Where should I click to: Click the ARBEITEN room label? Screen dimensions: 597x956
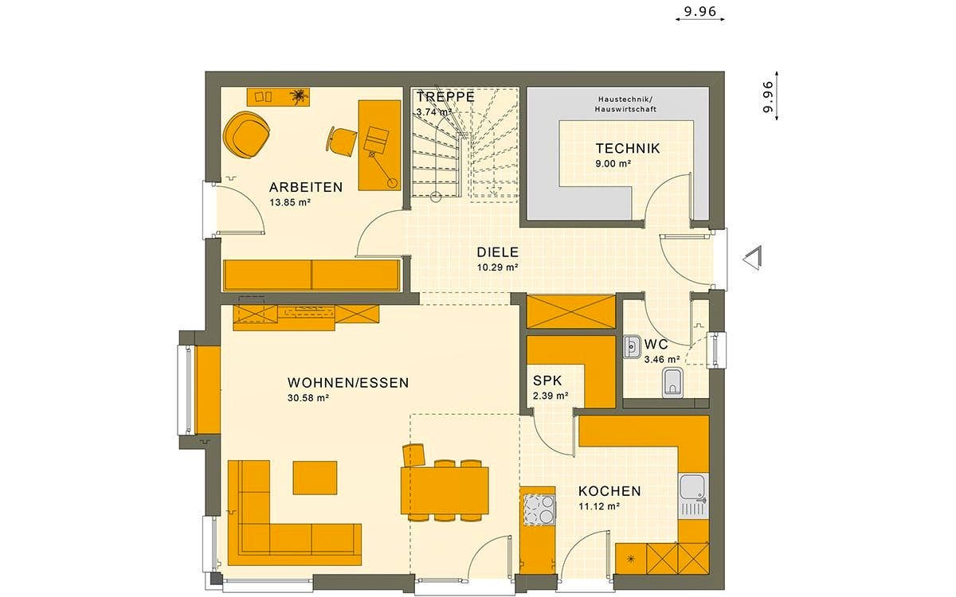pos(306,188)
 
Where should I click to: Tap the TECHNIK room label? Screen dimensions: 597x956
pos(628,148)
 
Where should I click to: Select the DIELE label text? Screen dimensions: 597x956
pos(498,252)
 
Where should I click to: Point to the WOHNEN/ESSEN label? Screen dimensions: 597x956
pos(348,383)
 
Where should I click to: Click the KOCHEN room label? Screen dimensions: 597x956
pos(609,491)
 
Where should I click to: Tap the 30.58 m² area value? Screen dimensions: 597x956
pos(308,398)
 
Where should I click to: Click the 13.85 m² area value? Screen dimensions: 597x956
pos(289,203)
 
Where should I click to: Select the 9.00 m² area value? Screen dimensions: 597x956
pos(613,163)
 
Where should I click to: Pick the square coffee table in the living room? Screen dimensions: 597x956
pos(315,478)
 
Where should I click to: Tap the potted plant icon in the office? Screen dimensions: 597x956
pos(299,97)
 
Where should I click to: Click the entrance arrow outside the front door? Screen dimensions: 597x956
pos(752,259)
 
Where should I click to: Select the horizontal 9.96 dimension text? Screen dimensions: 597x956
pos(700,12)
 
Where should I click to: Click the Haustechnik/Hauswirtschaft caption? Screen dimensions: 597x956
pos(625,104)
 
